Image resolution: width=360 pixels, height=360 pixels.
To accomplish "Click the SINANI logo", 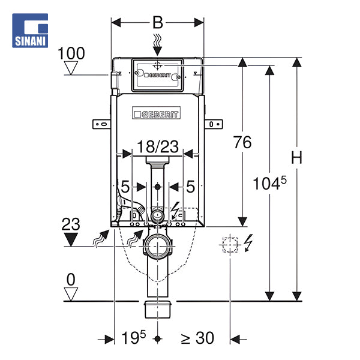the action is point(30,31).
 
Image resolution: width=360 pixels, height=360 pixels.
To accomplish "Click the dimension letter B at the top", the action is point(158,23).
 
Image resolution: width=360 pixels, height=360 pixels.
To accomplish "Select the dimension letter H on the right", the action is point(296,158).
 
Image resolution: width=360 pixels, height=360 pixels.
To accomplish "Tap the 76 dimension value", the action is point(242,142).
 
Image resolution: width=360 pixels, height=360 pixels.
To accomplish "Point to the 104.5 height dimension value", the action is point(269,183).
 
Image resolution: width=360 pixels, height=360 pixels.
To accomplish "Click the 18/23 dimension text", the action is point(158,146).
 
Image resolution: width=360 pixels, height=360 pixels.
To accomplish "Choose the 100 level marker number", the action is point(71,53).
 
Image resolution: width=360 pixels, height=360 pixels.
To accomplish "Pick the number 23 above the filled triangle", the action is point(71,224).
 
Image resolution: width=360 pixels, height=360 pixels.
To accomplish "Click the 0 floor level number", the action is point(71,280).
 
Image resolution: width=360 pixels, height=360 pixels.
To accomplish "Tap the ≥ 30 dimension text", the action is point(197,338).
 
